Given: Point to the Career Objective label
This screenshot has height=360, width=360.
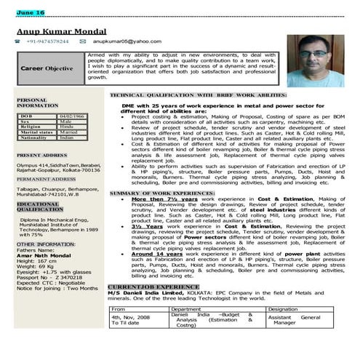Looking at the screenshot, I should (x=47, y=68).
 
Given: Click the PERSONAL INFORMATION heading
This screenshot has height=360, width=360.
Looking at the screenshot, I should (x=37, y=103).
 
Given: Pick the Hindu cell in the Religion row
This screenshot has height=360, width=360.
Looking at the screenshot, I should (x=67, y=127).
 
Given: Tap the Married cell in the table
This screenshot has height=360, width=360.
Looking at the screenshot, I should (x=69, y=132).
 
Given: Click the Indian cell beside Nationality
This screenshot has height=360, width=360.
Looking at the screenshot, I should (x=67, y=138).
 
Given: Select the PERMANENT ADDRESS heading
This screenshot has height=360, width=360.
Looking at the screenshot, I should (x=46, y=179).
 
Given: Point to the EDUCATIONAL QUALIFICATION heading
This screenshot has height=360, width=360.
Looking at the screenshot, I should (x=40, y=207).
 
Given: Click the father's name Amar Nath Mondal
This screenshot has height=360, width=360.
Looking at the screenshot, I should (x=44, y=256).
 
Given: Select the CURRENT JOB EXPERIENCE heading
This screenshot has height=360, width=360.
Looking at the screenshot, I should (x=153, y=287).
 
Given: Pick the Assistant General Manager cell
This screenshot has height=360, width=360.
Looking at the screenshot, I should (x=294, y=321).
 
